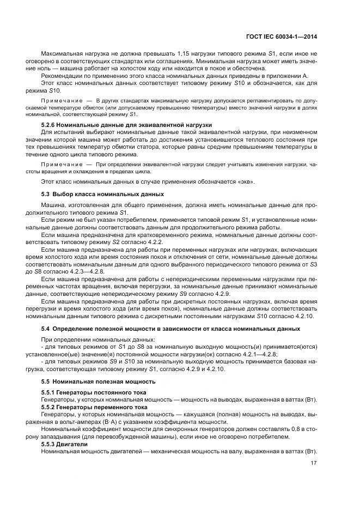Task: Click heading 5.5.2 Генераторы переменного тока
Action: point(94,407)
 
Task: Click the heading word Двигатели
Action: point(70,443)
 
